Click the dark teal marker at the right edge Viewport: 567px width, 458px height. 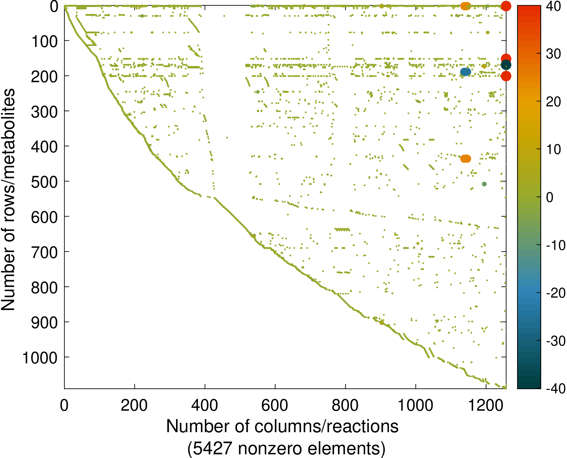click(506, 65)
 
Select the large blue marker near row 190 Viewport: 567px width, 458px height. click(465, 71)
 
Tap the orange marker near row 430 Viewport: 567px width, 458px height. click(465, 158)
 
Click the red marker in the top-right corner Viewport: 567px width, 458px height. click(506, 6)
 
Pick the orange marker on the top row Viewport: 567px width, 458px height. click(465, 6)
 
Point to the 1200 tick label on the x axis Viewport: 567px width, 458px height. click(486, 406)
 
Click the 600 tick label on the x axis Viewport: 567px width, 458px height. click(275, 406)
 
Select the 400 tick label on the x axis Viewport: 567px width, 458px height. click(205, 406)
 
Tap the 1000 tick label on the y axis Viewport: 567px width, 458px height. click(40, 358)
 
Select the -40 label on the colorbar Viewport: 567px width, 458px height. click(555, 389)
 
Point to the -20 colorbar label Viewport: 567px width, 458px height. click(555, 293)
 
